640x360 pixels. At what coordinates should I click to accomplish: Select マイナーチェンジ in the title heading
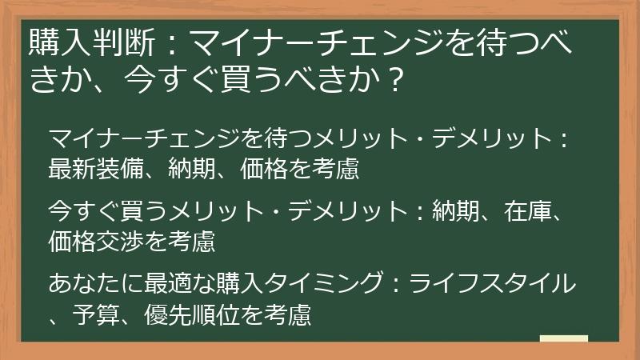tap(263, 40)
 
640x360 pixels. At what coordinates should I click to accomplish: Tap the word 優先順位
tap(190, 314)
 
